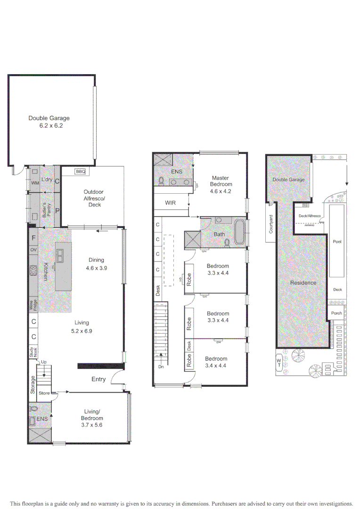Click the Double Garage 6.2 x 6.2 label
[49, 122]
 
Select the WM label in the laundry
[34, 182]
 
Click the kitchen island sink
[61, 255]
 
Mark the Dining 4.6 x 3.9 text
[96, 264]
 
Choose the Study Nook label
[33, 352]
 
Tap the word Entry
[98, 379]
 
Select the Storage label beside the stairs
[33, 384]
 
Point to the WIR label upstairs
[170, 203]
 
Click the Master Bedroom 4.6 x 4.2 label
[221, 181]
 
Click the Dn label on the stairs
[162, 366]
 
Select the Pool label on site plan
[337, 242]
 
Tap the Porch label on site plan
[337, 313]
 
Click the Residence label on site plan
[303, 283]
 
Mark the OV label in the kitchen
[33, 249]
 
